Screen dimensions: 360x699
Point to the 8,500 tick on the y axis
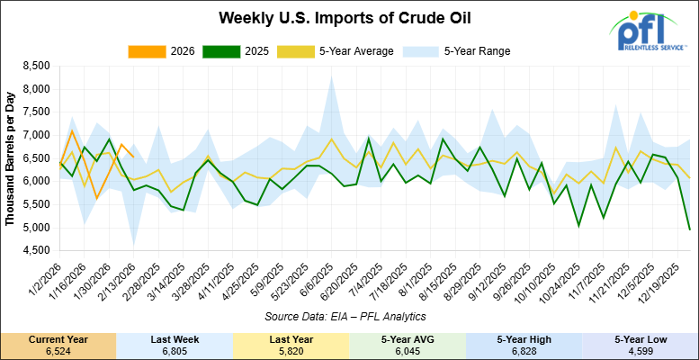[33, 67]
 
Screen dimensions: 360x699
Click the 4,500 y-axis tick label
[33, 251]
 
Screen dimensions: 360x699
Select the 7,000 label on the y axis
[33, 136]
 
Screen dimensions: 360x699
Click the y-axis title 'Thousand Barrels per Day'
[11, 158]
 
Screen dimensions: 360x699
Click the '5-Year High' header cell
[524, 337]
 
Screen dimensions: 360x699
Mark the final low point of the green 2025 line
[690, 229]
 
